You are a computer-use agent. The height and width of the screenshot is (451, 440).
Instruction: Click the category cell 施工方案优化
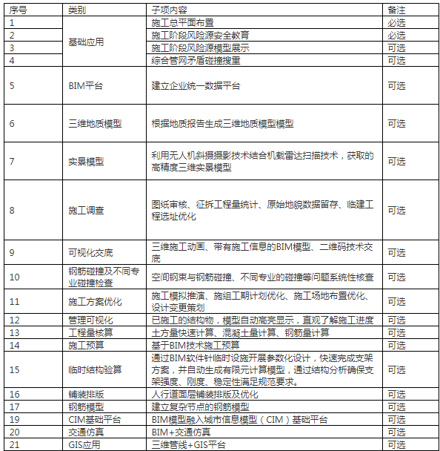pyautogui.click(x=95, y=301)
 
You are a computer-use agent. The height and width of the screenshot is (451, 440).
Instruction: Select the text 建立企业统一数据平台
pyautogui.click(x=196, y=86)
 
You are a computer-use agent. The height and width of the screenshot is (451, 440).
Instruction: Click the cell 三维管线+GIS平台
pyautogui.click(x=186, y=444)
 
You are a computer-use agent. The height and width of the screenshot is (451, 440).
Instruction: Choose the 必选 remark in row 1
pyautogui.click(x=396, y=23)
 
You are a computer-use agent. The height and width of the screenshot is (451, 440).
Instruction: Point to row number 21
pyautogui.click(x=13, y=444)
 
